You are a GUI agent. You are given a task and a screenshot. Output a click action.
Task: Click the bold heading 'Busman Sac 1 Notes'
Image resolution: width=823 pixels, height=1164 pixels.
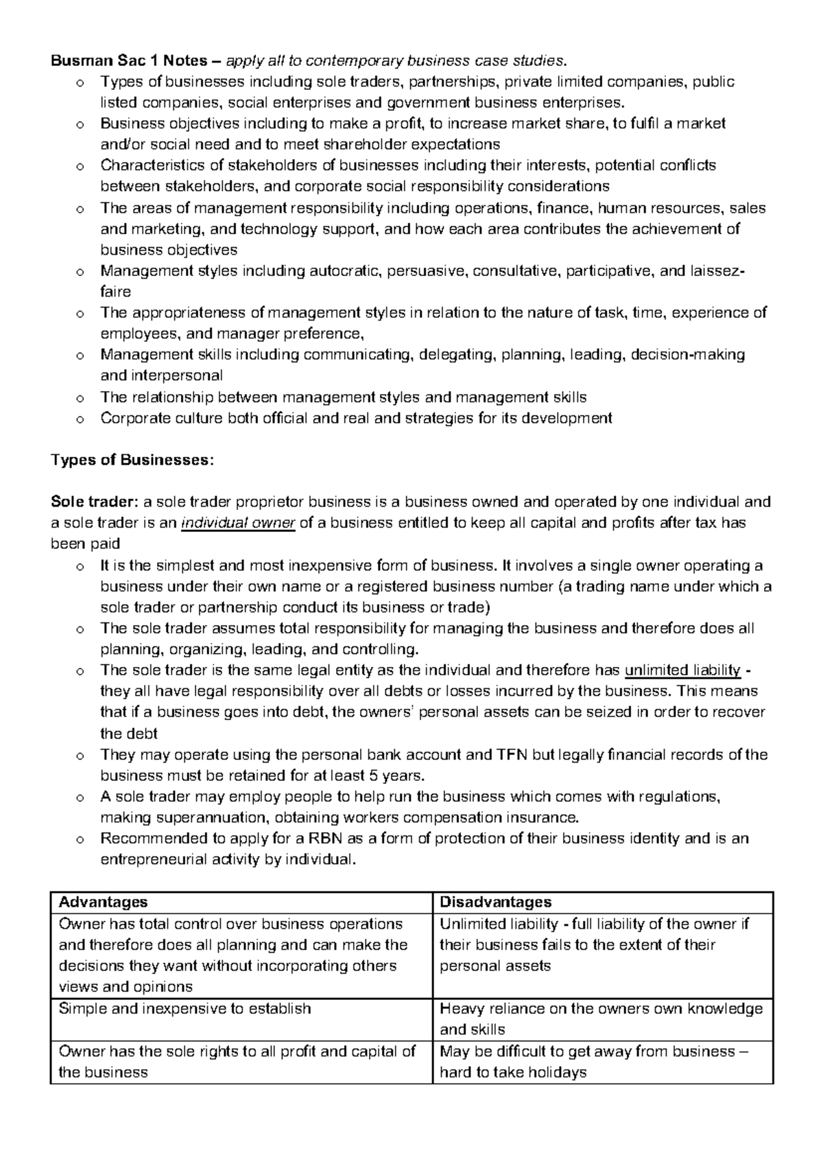coord(128,61)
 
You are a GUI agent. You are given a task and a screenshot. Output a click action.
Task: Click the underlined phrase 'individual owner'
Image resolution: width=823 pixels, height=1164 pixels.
coord(238,523)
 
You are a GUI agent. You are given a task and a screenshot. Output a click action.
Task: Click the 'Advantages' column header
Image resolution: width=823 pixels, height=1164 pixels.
coord(104,902)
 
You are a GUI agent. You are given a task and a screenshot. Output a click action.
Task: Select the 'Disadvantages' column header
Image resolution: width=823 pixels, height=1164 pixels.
coord(495,902)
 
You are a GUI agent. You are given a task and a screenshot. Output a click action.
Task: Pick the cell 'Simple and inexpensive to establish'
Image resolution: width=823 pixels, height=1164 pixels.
coord(185,1008)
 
